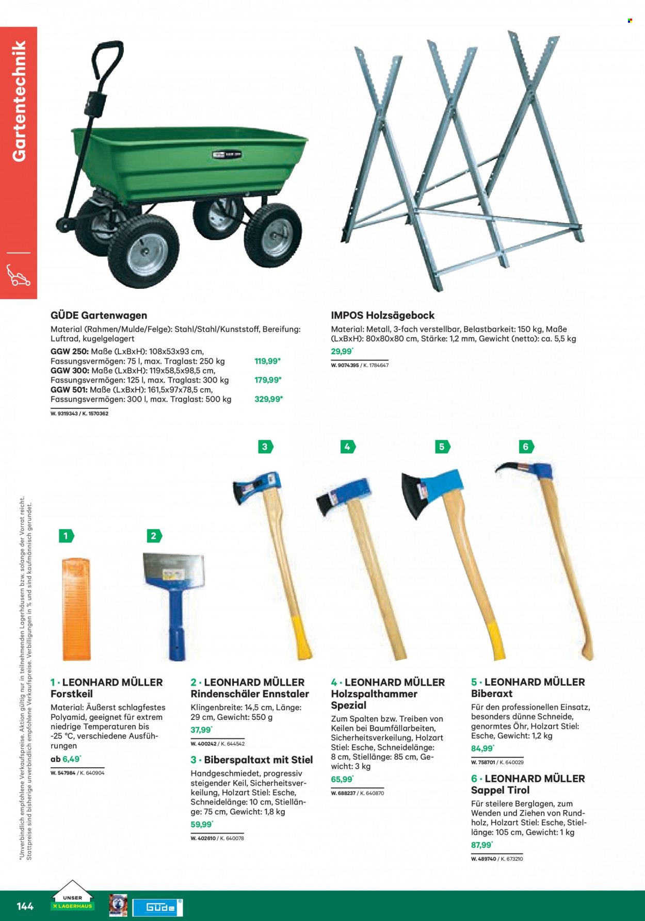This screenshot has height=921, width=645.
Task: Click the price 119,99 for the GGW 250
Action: point(267,361)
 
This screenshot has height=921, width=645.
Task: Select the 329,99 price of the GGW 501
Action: point(268,399)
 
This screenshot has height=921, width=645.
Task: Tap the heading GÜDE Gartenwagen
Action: point(99,315)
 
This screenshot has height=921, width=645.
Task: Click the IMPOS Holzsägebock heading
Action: point(382,315)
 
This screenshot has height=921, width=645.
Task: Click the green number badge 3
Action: point(265,447)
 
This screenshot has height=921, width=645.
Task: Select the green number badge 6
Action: point(526,447)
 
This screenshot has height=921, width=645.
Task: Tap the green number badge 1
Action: point(66,536)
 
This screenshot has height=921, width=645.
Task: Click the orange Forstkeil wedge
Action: point(76,608)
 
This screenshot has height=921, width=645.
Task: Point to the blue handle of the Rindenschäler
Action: point(176,624)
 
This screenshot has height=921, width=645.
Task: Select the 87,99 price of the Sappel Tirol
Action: point(482,845)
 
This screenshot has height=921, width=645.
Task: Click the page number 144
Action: point(25,906)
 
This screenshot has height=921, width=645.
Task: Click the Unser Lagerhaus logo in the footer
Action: point(72,898)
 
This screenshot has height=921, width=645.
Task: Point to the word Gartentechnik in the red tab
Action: point(19,101)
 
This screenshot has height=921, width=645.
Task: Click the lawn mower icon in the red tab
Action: point(19,275)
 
